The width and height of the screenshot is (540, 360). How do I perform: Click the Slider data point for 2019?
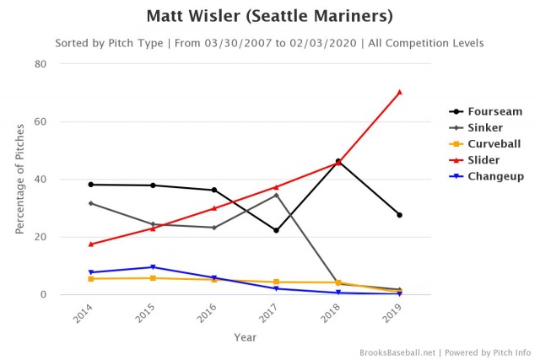click(x=399, y=92)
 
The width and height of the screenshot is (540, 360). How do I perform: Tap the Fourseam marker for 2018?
click(x=337, y=161)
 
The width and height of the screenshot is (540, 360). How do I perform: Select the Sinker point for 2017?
click(x=276, y=195)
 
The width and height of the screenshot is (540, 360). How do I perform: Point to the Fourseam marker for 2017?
click(x=276, y=230)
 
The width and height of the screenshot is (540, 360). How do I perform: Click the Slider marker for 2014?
click(x=90, y=244)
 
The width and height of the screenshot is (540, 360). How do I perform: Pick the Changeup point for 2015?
click(x=153, y=267)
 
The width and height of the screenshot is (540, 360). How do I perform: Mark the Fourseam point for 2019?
click(x=399, y=215)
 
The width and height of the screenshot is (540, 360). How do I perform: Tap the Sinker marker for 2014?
click(x=90, y=203)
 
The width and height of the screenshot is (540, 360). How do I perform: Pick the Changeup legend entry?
click(x=496, y=176)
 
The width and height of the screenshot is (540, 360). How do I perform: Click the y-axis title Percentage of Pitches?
click(x=19, y=179)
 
